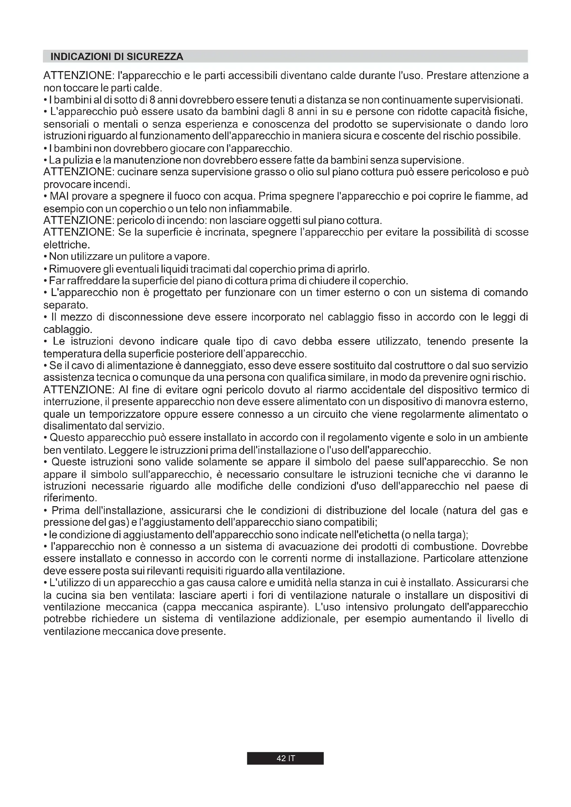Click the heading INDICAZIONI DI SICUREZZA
[x=117, y=57]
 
